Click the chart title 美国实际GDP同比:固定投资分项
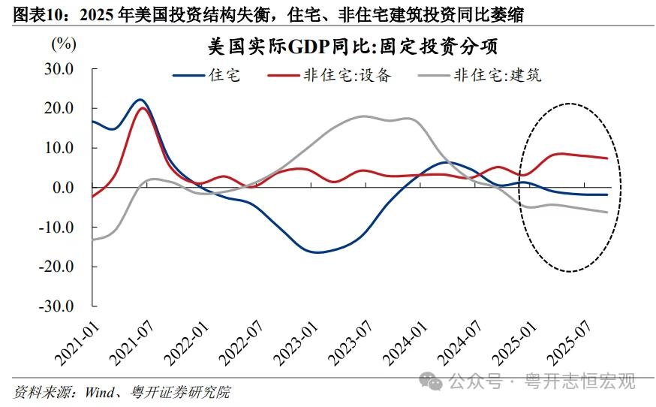(x=353, y=47)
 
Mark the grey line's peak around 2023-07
(x=363, y=116)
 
